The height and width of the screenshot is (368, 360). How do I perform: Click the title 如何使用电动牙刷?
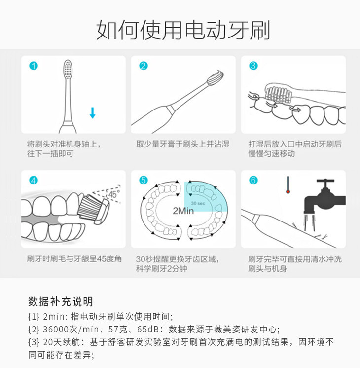coord(183,30)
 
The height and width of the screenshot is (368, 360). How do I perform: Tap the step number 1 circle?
coord(34,66)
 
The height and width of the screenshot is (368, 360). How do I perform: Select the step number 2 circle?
coord(144,66)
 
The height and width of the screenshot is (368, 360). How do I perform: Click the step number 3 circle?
coord(253,66)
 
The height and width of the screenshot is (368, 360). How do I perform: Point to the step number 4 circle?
coord(34,180)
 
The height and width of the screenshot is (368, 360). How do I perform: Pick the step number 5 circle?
coord(144,180)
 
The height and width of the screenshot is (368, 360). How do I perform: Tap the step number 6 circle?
coord(253,180)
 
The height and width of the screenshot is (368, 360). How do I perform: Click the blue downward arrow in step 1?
coord(92,113)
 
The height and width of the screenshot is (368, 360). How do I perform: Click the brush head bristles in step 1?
coord(68,70)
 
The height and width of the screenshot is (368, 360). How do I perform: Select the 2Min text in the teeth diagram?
coord(183,211)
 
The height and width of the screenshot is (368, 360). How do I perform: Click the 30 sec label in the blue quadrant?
coord(198,203)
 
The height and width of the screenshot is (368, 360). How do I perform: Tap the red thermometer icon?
coord(288,185)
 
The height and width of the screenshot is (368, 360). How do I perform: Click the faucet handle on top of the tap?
coord(325,181)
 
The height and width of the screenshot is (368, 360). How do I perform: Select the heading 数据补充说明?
coord(61,301)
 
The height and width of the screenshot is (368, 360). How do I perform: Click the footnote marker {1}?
coord(34,317)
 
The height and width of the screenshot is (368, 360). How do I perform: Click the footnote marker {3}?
coord(34,342)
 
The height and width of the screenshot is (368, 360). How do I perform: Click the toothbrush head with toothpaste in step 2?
coord(215,77)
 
